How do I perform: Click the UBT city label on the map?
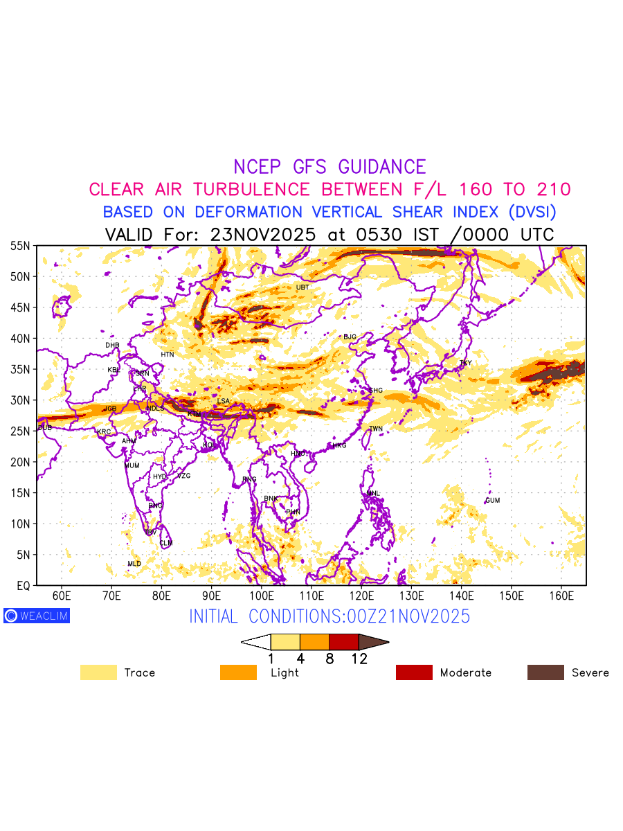click(303, 287)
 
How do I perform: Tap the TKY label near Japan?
click(465, 363)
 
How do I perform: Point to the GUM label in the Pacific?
click(492, 501)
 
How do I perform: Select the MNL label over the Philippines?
click(373, 494)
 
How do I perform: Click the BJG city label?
click(350, 337)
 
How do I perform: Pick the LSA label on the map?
click(223, 402)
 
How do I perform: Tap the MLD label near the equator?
click(134, 564)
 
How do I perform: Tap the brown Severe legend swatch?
click(545, 672)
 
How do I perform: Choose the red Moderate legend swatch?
click(414, 672)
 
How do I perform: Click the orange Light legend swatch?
click(238, 672)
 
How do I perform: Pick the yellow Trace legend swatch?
click(98, 672)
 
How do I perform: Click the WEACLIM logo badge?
click(37, 616)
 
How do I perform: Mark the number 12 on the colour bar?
click(359, 659)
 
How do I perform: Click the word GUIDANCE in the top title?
click(382, 167)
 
